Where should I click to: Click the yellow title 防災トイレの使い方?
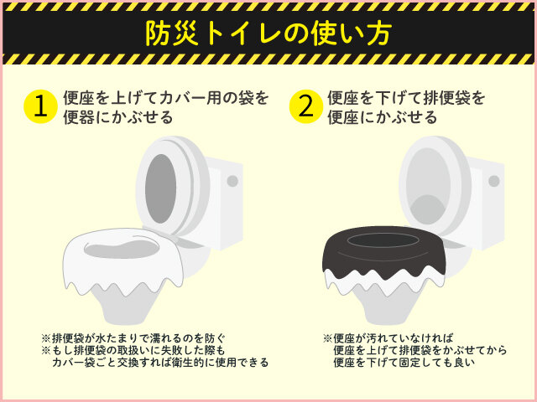[x=268, y=33]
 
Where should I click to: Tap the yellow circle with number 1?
[x=40, y=106]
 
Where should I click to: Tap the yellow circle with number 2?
[x=305, y=106]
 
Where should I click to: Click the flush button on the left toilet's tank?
[x=232, y=181]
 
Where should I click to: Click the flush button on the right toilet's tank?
[x=494, y=181]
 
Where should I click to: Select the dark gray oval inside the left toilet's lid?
[x=160, y=188]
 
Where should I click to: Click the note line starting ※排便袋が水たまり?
[x=133, y=338]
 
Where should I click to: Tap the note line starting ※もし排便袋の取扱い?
[x=133, y=350]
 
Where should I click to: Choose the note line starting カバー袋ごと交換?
[x=160, y=363]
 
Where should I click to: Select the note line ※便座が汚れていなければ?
[x=388, y=338]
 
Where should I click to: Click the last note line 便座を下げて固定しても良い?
[x=404, y=363]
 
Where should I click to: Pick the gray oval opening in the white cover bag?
[x=122, y=250]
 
